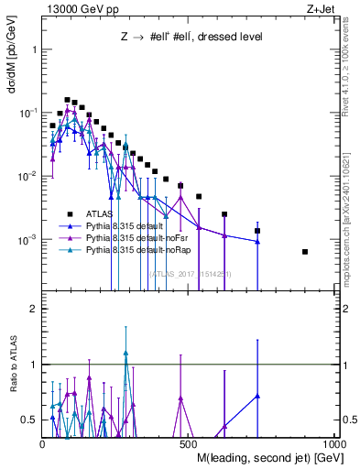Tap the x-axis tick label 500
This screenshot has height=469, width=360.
pos(190,444)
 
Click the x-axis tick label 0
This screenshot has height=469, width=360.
pos(43,444)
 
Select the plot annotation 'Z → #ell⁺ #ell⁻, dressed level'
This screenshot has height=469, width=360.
pos(192,38)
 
